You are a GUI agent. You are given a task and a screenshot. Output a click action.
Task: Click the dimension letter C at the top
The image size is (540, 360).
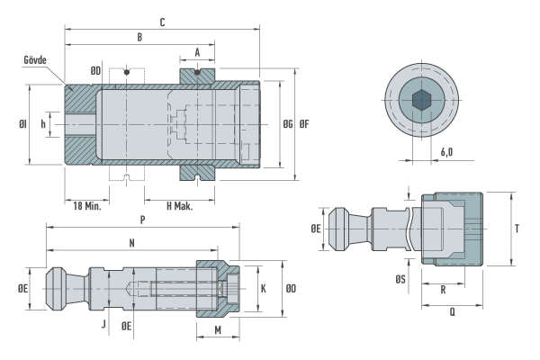(161, 21)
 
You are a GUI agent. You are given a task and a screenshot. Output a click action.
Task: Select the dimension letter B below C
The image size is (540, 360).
(139, 37)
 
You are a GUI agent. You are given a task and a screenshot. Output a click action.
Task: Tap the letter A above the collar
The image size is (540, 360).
(197, 53)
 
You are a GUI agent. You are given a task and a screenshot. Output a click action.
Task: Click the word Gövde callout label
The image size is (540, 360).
(36, 59)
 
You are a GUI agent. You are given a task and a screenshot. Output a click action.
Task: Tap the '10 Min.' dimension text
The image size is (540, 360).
(86, 205)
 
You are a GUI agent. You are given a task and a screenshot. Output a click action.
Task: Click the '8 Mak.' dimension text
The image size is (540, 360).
(180, 205)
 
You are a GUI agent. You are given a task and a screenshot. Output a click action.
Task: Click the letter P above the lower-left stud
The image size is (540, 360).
(142, 220)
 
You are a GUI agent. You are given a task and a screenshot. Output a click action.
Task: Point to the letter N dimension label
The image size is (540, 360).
(132, 243)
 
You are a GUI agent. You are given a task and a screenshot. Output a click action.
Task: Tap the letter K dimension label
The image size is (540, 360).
(263, 289)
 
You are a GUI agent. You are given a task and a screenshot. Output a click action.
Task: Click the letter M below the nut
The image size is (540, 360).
(219, 330)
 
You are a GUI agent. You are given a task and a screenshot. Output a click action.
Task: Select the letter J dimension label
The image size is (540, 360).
(103, 321)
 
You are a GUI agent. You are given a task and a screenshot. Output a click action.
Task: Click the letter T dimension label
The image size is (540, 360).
(517, 229)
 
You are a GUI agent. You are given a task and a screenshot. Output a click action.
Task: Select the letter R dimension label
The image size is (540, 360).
(444, 291)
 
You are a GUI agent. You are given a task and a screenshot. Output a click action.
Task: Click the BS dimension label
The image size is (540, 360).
(400, 280)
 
